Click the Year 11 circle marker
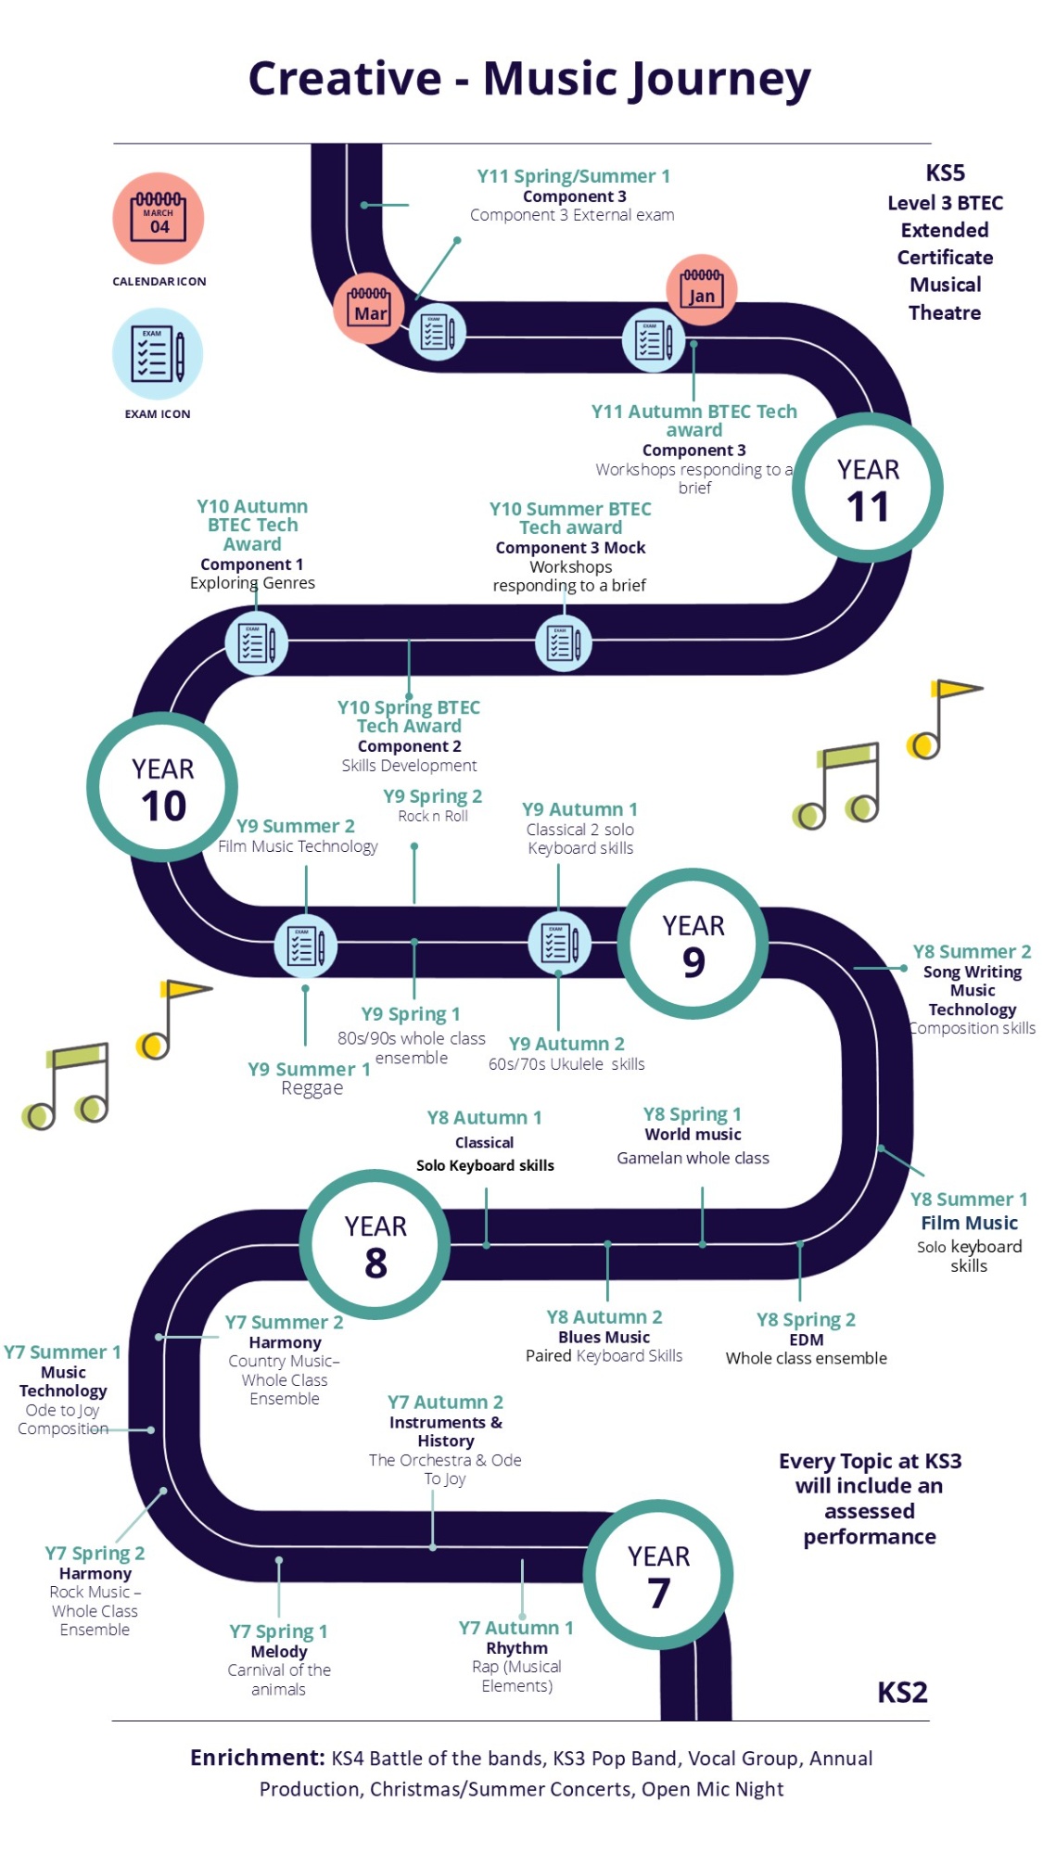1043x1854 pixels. point(867,488)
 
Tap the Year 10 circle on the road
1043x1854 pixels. point(162,787)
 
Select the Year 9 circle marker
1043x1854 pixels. point(693,944)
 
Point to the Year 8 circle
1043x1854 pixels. point(375,1244)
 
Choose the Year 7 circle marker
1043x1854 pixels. point(658,1574)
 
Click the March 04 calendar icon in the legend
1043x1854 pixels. point(159,219)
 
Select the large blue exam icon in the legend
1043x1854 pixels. point(158,354)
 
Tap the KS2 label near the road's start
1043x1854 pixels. point(902,1693)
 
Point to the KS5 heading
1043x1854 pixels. point(945,173)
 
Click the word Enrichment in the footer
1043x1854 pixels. point(257,1758)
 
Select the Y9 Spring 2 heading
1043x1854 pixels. point(432,796)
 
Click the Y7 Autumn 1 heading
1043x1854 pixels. point(516,1628)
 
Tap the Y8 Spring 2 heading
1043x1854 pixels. point(806,1319)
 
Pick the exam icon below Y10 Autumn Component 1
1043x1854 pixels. point(256,643)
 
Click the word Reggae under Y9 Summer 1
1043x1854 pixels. point(312,1088)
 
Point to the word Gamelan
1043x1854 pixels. point(649,1158)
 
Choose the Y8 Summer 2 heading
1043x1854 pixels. point(972,951)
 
